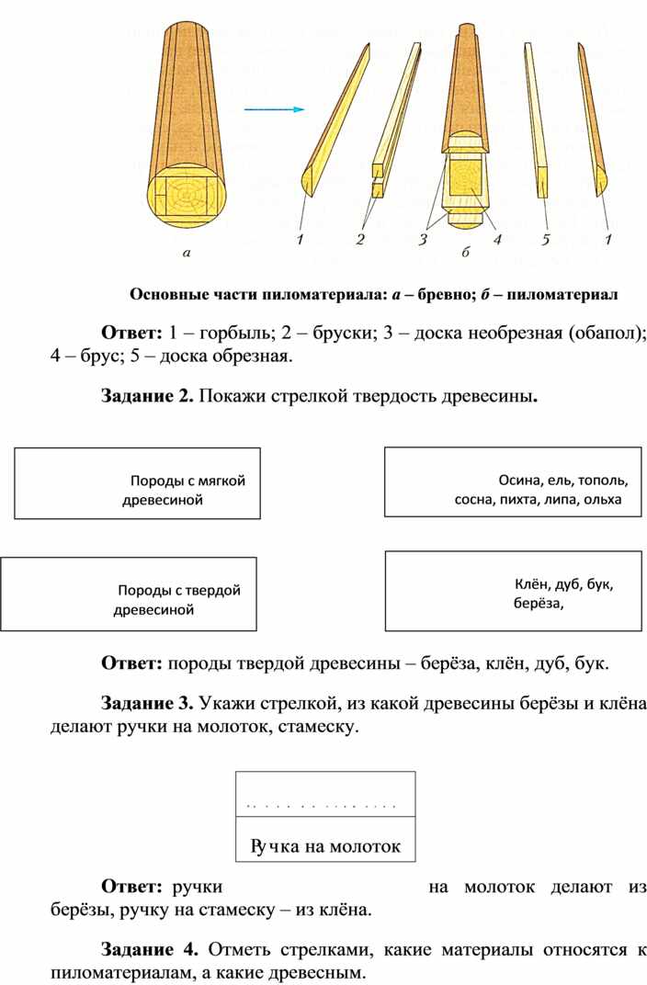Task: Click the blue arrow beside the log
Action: [273, 108]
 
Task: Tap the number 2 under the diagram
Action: [360, 240]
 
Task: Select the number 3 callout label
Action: [423, 240]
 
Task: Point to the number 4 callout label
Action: [497, 240]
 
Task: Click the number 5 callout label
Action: [545, 240]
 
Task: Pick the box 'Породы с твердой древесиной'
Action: [129, 594]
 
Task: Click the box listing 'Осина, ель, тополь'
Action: [512, 481]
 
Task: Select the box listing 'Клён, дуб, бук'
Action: [512, 591]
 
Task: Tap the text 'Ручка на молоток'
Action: [325, 846]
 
